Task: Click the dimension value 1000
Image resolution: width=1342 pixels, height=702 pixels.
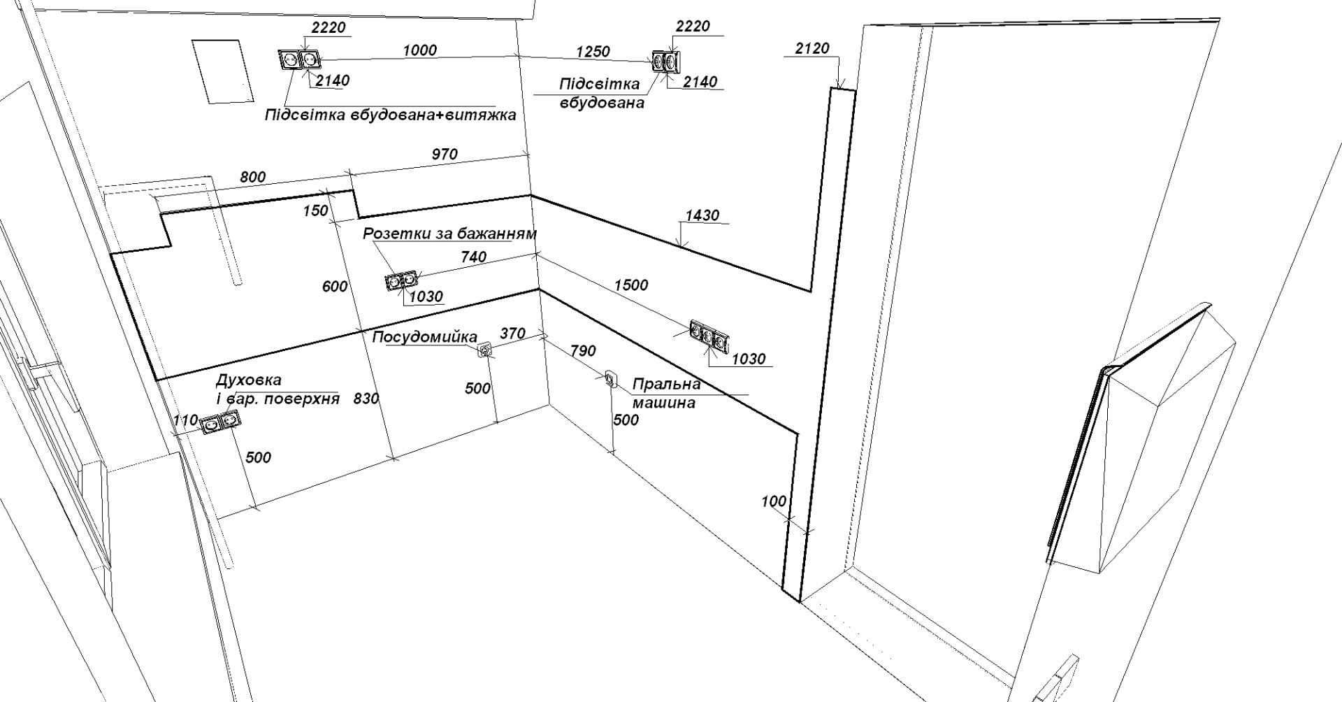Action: coord(419,50)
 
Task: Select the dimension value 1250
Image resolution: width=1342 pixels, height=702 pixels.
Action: coord(593,52)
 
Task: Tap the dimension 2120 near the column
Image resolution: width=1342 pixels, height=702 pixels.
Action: coord(812,48)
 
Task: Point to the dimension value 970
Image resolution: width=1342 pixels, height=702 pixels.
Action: coord(445,155)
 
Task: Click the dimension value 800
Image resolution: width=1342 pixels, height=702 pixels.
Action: coord(252,177)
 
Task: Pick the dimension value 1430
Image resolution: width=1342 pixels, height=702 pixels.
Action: coord(702,215)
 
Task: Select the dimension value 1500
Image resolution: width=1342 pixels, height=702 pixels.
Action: coord(631,285)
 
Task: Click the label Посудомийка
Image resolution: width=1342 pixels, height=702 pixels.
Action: coord(424,337)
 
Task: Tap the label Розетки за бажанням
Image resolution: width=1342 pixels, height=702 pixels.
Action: coord(449,234)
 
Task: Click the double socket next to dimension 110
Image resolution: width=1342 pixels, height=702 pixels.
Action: coord(220,422)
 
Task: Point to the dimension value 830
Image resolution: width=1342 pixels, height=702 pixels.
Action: coord(366,399)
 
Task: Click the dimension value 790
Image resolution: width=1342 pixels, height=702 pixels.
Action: coord(583,351)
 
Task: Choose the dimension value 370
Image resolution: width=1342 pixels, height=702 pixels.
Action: coord(512,334)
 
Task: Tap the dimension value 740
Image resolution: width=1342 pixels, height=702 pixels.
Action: coord(473,257)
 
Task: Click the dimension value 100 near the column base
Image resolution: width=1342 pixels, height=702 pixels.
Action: coord(773,501)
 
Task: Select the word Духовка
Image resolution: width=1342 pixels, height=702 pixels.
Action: coord(249,380)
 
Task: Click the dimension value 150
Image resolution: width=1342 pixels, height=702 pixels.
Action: coord(315,210)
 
